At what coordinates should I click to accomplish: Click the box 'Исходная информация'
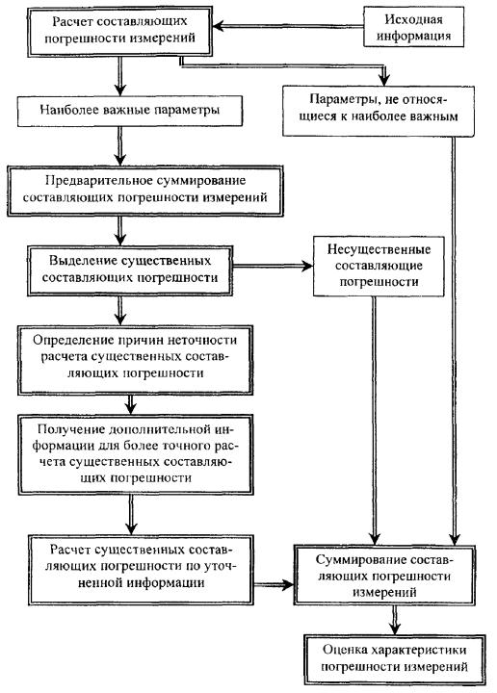(x=413, y=27)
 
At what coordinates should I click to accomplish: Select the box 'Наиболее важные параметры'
(x=130, y=111)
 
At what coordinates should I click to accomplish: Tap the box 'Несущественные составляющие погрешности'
(x=379, y=266)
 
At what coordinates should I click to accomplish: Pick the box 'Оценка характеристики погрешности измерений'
(x=394, y=660)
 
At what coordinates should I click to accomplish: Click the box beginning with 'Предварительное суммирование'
(x=145, y=191)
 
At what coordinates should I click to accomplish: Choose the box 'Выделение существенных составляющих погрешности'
(x=130, y=270)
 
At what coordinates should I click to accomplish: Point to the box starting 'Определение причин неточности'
(x=135, y=360)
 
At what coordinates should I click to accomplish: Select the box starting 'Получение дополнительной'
(x=135, y=454)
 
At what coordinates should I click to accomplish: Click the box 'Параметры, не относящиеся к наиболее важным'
(x=379, y=111)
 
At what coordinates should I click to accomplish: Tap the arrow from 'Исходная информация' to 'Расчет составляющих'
(x=288, y=27)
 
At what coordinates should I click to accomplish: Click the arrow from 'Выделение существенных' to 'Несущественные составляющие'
(x=273, y=266)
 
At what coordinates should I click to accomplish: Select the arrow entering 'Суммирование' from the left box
(x=274, y=585)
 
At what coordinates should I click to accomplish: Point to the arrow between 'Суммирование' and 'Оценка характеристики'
(x=395, y=620)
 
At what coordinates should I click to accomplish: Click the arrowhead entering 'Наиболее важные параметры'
(x=119, y=90)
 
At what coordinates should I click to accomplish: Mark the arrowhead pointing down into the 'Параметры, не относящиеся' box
(x=383, y=80)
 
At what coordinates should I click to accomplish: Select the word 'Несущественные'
(x=379, y=249)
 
